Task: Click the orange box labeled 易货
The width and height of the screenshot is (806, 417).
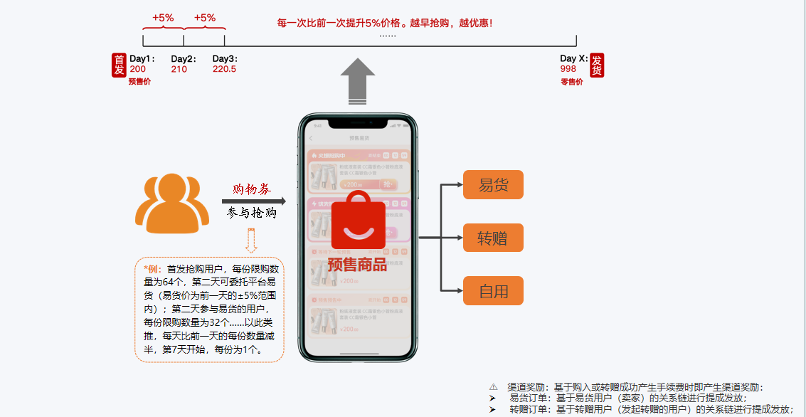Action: pyautogui.click(x=493, y=185)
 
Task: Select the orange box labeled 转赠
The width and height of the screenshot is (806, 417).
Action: pyautogui.click(x=493, y=238)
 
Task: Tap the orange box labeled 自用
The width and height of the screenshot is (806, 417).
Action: pyautogui.click(x=493, y=291)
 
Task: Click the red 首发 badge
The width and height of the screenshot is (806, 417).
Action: pyautogui.click(x=118, y=65)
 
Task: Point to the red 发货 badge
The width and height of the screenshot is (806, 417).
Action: pyautogui.click(x=597, y=65)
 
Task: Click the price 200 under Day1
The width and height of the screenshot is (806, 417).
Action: pyautogui.click(x=138, y=69)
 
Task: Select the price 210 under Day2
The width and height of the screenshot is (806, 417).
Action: pyautogui.click(x=179, y=69)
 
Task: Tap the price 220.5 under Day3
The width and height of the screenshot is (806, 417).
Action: pyautogui.click(x=224, y=69)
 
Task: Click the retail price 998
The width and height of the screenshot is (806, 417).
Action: pyautogui.click(x=568, y=69)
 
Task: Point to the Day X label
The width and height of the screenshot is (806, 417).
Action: pyautogui.click(x=573, y=58)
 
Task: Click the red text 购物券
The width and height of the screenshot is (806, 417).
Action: pyautogui.click(x=252, y=189)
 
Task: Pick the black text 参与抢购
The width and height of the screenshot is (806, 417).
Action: pyautogui.click(x=252, y=213)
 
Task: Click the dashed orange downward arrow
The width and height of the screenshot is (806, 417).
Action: pyautogui.click(x=251, y=241)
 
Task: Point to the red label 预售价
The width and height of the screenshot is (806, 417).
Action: pyautogui.click(x=139, y=82)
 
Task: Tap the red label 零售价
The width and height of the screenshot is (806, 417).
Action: pyautogui.click(x=571, y=82)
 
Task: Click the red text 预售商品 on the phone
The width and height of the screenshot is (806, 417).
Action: pyautogui.click(x=357, y=265)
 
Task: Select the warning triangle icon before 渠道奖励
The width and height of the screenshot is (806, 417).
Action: pyautogui.click(x=494, y=387)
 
